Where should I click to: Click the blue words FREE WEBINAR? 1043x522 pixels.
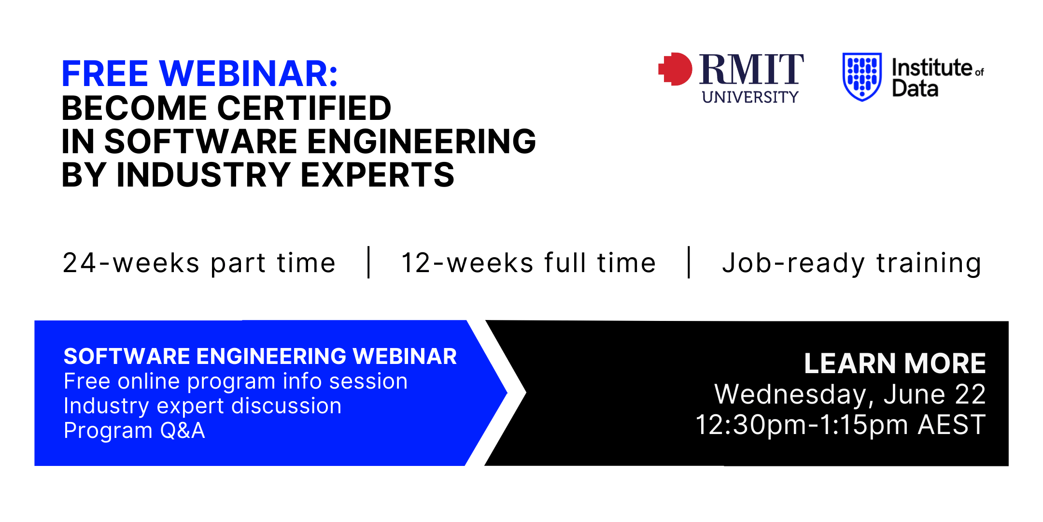(199, 73)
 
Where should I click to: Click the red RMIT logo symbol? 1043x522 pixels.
(676, 69)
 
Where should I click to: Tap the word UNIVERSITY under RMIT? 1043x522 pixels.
(750, 97)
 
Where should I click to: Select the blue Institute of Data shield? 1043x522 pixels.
(862, 76)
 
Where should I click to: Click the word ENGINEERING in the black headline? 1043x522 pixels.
(422, 141)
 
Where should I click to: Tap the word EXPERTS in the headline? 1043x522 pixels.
(378, 174)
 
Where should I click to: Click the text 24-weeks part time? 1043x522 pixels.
(199, 263)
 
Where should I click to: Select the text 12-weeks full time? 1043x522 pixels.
(528, 263)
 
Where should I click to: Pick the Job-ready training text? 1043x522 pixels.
(852, 264)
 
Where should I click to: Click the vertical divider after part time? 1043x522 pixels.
(369, 262)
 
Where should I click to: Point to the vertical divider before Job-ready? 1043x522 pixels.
(689, 262)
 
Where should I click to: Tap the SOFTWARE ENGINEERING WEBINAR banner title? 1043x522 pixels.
(260, 356)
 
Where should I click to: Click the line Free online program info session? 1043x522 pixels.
(236, 381)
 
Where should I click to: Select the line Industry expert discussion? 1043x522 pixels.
(203, 406)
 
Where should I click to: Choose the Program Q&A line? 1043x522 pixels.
(134, 430)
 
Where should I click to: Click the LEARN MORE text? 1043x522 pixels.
(895, 363)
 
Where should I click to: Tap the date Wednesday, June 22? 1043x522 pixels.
(850, 394)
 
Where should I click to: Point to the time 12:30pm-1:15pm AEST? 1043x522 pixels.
(840, 425)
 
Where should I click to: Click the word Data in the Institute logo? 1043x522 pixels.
(915, 88)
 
